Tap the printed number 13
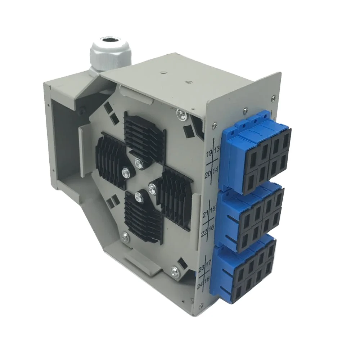click(216, 150)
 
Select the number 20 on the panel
click(208, 175)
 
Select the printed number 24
click(200, 287)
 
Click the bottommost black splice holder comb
click(143, 218)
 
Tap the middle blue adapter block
click(250, 216)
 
